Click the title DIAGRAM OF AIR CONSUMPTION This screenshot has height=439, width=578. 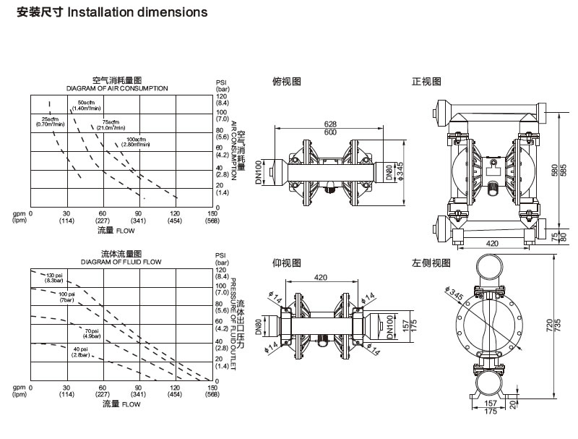click(x=117, y=88)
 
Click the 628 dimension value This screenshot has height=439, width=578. click(x=331, y=124)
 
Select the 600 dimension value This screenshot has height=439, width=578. click(x=331, y=132)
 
